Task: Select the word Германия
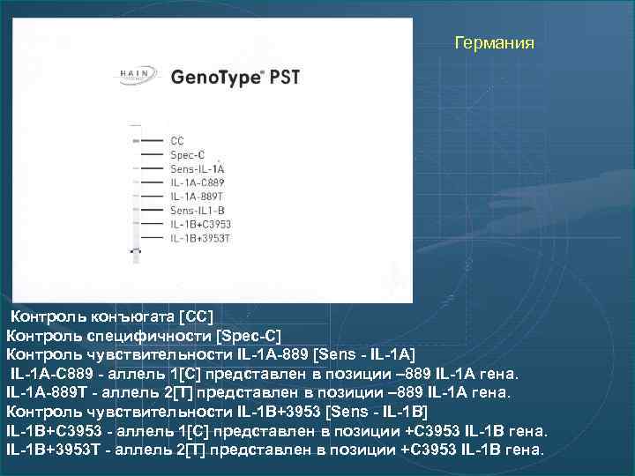click(494, 42)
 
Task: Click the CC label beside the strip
click(177, 140)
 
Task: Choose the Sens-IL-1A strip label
click(198, 168)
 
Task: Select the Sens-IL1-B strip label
click(197, 211)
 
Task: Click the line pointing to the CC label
click(153, 140)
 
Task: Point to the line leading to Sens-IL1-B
click(153, 211)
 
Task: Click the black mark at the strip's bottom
click(135, 251)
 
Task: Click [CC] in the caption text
click(196, 316)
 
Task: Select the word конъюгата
click(131, 316)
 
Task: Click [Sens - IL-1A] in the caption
click(363, 354)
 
